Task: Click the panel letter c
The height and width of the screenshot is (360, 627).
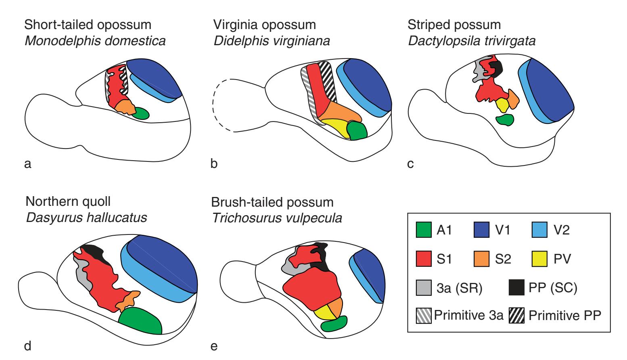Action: point(411,164)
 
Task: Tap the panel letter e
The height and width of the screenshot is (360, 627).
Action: point(215,346)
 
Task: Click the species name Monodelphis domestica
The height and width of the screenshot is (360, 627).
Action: point(95,41)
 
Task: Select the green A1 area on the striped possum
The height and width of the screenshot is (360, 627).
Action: point(504,119)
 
